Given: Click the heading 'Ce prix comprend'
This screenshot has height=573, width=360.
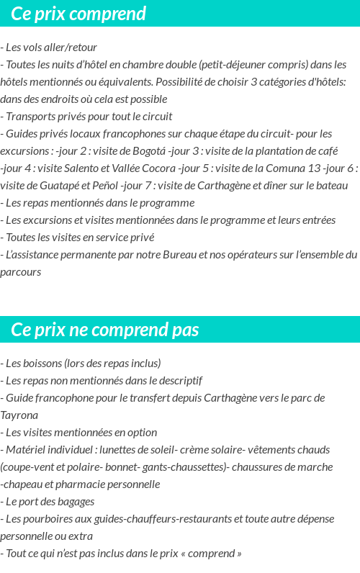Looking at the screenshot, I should coord(78,14).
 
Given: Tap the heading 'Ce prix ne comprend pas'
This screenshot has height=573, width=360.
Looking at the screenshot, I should coord(105,330).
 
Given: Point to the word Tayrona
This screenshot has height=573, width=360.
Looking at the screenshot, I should coord(19,415).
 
